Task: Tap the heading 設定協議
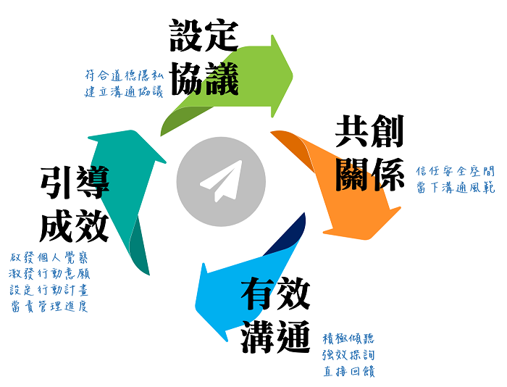coord(204,57)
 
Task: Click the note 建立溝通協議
coord(123,91)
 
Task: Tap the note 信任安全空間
coord(456,171)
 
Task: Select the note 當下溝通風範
coord(456,188)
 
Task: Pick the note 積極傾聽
coord(348,338)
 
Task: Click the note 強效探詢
coord(348,355)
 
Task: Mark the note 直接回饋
coord(348,372)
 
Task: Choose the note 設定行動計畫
coord(50,290)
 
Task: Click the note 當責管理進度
coord(50,307)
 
